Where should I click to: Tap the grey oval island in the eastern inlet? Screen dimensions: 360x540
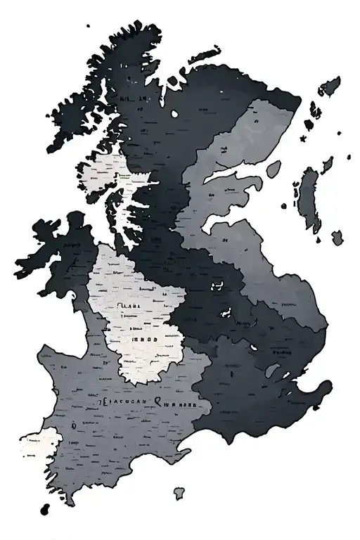274,169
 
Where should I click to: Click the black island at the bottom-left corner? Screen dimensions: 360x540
46,508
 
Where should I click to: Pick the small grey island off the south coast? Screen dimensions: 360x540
181,493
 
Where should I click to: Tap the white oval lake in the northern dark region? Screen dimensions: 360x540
175,114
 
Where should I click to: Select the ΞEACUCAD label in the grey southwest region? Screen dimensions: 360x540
120,403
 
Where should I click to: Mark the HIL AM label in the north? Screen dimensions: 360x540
134,99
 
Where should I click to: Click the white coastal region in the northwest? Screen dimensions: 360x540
105,172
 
